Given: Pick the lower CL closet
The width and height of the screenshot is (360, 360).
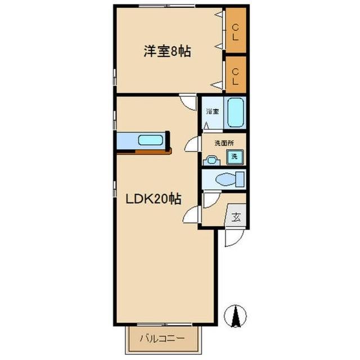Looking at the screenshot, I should coord(235,74).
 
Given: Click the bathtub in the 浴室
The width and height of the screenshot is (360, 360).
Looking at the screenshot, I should coord(235,112).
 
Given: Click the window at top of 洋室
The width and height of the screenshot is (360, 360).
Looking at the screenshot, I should coord(167,6).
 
